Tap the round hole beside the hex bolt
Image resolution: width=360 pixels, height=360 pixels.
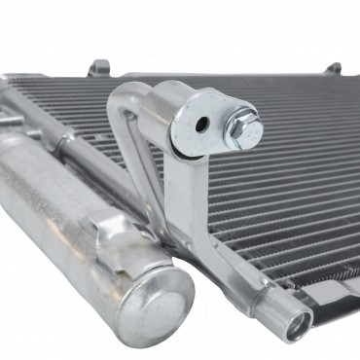click(x=201, y=125)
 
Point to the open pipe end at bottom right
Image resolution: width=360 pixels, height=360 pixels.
click(x=296, y=324)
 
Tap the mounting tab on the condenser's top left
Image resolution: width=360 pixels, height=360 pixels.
click(x=98, y=68)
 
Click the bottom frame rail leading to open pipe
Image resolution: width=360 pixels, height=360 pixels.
click(x=243, y=282)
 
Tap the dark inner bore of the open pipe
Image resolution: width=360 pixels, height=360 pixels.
click(x=299, y=326)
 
